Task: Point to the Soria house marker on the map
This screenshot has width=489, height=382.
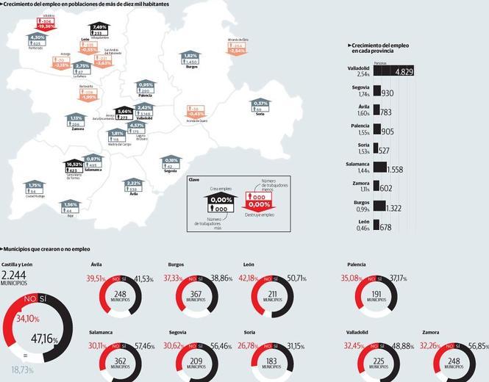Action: pyautogui.click(x=260, y=106)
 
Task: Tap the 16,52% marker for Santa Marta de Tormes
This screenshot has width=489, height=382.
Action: pyautogui.click(x=74, y=166)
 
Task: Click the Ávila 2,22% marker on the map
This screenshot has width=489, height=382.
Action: pyautogui.click(x=133, y=186)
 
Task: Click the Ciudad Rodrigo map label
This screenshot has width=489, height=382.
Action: pyautogui.click(x=35, y=196)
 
